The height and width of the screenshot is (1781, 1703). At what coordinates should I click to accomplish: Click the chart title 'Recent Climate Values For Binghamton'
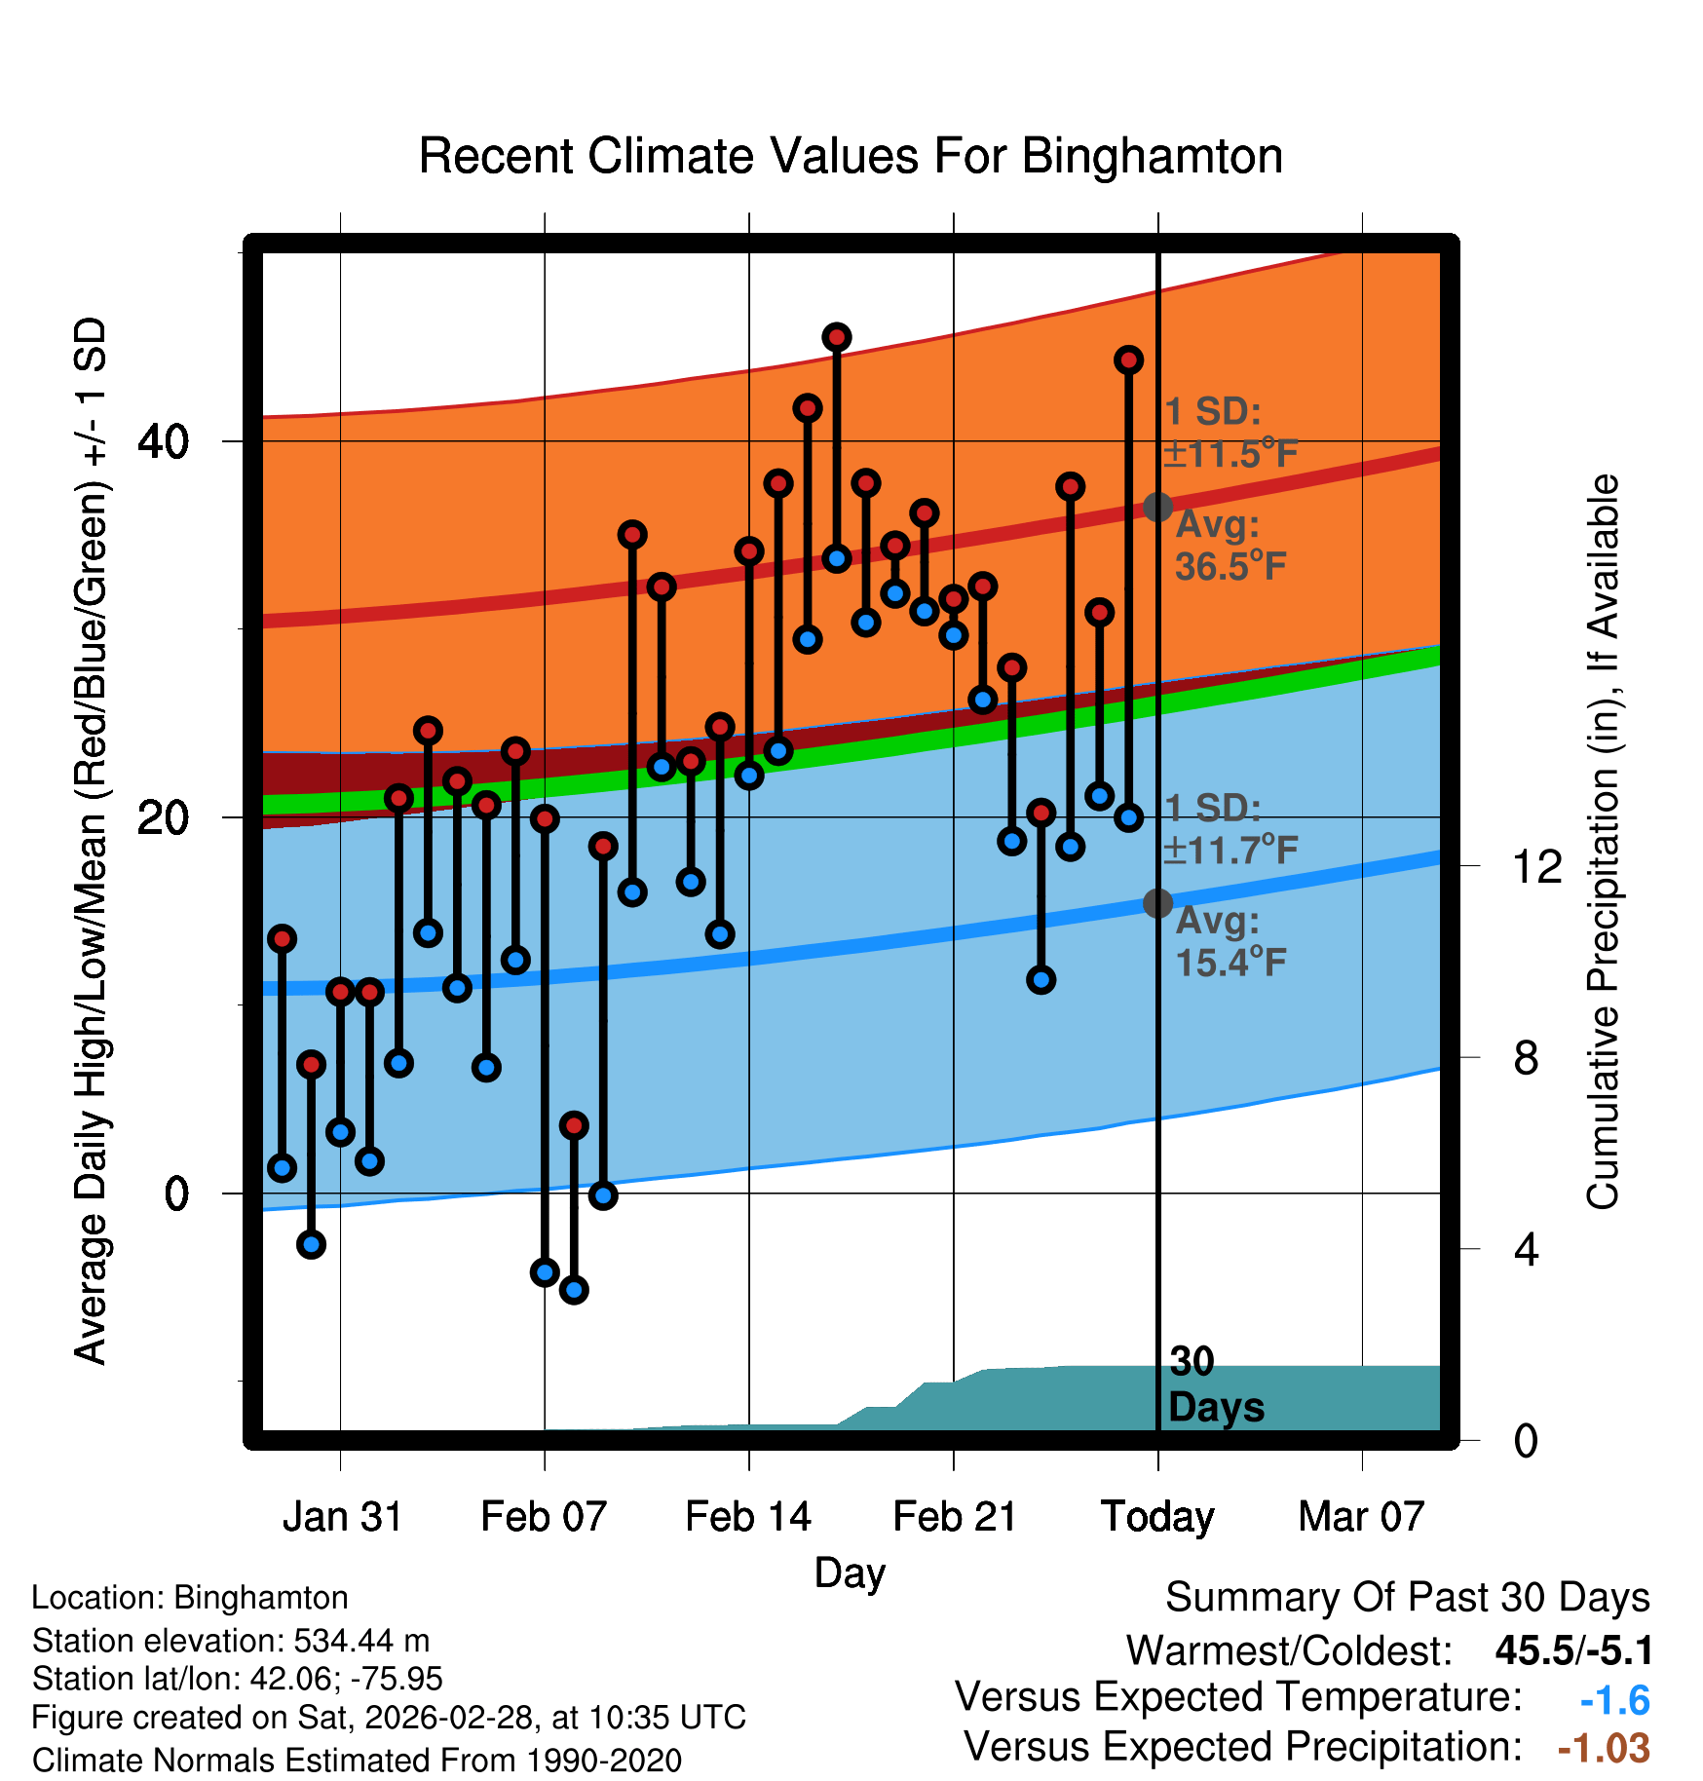[x=851, y=156]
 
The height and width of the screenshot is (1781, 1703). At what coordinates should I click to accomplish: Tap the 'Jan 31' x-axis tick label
[x=342, y=1517]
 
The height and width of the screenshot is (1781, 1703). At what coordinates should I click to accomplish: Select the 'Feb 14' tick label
[x=748, y=1517]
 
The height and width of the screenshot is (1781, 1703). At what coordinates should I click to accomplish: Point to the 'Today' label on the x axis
[x=1157, y=1517]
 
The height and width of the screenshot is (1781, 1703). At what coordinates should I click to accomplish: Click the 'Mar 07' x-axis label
[x=1361, y=1517]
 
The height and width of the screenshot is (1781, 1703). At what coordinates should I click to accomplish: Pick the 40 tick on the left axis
[x=163, y=442]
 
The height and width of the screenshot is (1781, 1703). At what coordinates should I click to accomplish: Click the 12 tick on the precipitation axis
[x=1536, y=866]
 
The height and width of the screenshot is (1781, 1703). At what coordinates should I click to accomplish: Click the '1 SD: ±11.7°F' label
[x=1230, y=829]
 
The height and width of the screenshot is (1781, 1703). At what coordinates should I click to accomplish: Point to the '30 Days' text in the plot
[x=1215, y=1384]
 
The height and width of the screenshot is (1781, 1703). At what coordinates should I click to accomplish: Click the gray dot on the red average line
[x=1157, y=507]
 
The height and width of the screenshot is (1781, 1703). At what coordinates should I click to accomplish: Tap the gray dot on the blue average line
[x=1157, y=903]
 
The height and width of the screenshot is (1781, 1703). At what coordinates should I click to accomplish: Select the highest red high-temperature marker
[x=837, y=338]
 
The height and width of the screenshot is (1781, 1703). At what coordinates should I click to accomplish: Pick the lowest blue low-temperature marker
[x=574, y=1290]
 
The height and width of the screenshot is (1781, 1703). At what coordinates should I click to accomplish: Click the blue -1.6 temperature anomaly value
[x=1614, y=1700]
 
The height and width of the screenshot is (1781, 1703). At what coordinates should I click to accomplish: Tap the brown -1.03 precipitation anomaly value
[x=1604, y=1748]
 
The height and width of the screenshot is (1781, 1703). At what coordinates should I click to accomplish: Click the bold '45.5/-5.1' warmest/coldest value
[x=1573, y=1650]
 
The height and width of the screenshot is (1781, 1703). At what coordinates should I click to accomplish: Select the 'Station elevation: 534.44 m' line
[x=231, y=1641]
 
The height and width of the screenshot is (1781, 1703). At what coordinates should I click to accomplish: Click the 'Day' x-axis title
[x=850, y=1573]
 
